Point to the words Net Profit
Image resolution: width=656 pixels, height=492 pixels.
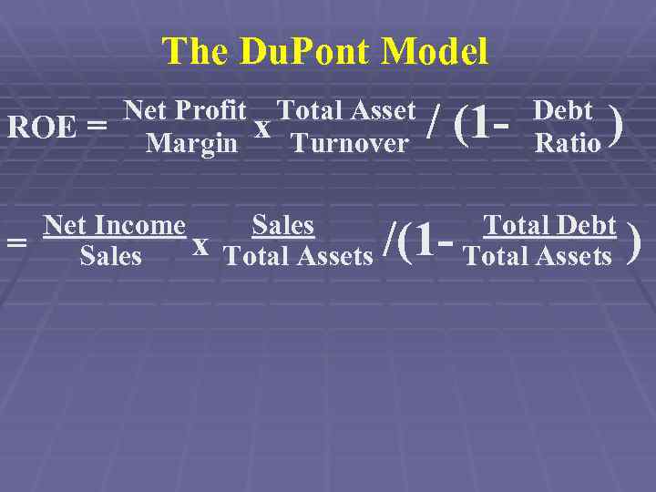point(185,111)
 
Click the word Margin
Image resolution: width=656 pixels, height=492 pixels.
point(191,143)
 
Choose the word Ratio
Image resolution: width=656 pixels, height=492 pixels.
point(568,143)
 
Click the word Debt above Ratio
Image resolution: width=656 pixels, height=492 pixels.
point(563,111)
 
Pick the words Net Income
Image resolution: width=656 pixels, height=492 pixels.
point(115,224)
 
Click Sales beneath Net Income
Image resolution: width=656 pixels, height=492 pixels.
point(111,256)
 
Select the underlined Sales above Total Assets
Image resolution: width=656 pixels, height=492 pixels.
point(282,224)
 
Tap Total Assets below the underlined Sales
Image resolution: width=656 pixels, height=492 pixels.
point(298,257)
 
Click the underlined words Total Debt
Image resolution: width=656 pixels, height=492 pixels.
point(549,224)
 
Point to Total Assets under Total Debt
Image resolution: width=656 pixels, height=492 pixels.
point(538,257)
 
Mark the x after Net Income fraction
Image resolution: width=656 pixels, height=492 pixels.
point(201,244)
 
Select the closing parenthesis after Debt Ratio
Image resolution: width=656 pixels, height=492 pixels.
point(617,126)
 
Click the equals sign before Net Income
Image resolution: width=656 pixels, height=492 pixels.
point(15,242)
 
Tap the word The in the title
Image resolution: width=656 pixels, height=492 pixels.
point(195,52)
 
